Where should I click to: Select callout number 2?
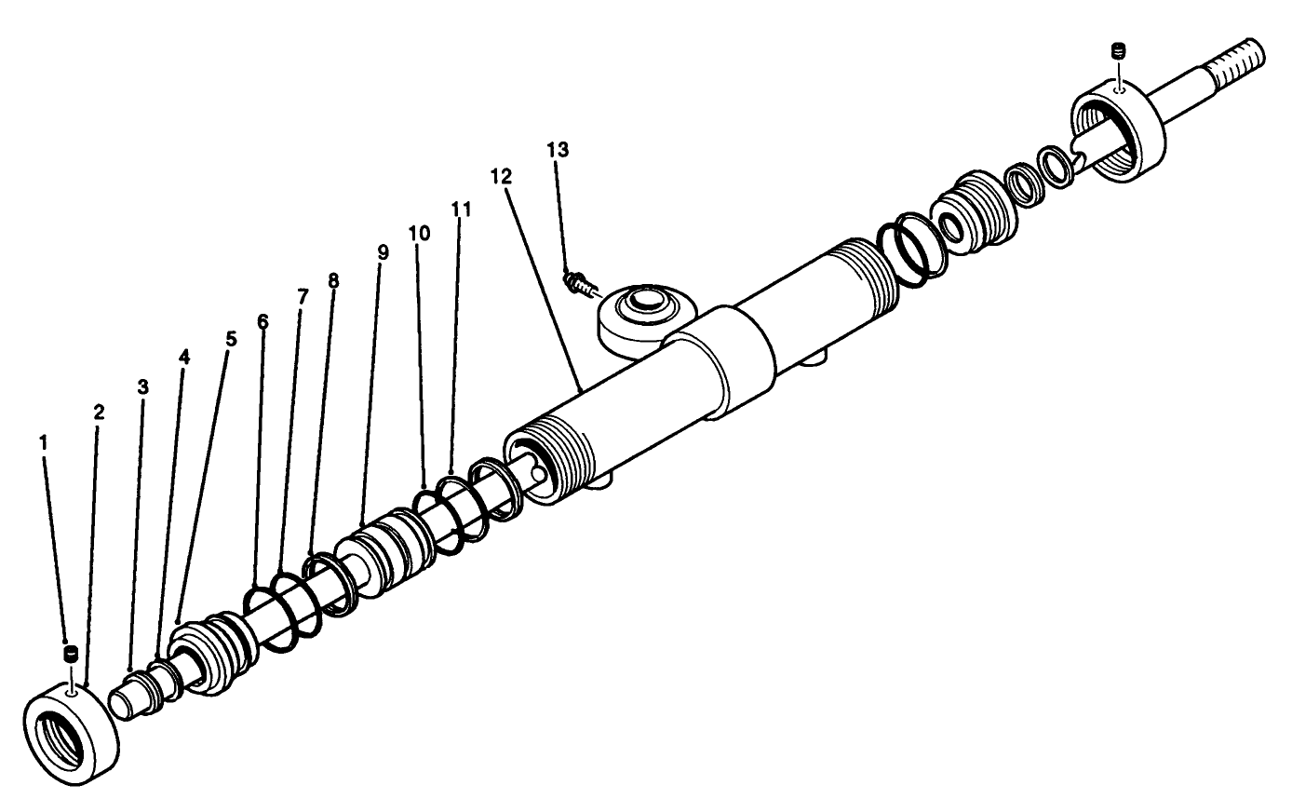99,411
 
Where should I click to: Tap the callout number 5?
231,339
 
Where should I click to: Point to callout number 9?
381,252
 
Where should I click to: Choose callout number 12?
501,174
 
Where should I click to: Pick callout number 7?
302,297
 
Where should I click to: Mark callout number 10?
419,233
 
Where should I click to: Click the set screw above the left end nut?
68,656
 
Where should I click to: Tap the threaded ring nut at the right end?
1117,131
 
